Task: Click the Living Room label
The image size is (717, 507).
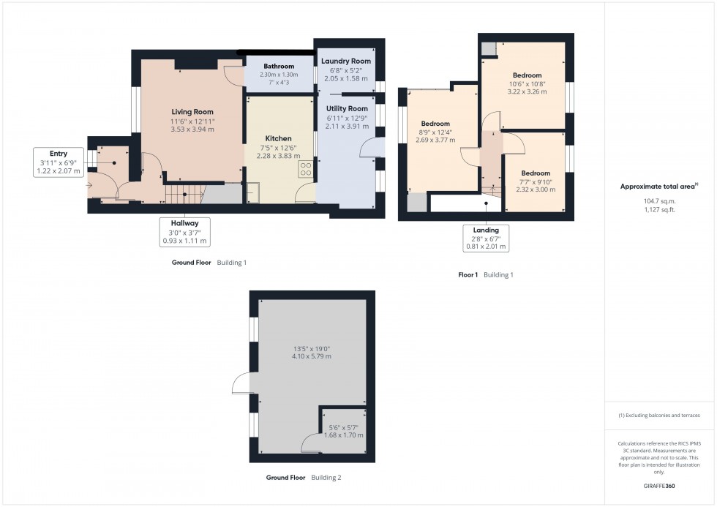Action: click(192, 112)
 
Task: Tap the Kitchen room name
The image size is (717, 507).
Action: click(278, 138)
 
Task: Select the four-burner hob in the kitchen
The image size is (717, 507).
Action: click(306, 170)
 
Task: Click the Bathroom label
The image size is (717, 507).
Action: click(279, 66)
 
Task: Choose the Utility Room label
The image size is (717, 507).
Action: click(347, 108)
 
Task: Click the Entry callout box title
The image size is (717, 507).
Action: click(60, 154)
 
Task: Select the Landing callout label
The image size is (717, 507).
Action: click(486, 230)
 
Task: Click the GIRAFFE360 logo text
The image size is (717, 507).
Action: click(661, 485)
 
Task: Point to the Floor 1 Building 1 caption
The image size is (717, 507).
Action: click(486, 275)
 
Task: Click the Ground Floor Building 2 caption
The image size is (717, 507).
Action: click(304, 478)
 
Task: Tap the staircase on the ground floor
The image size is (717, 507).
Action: click(181, 194)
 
